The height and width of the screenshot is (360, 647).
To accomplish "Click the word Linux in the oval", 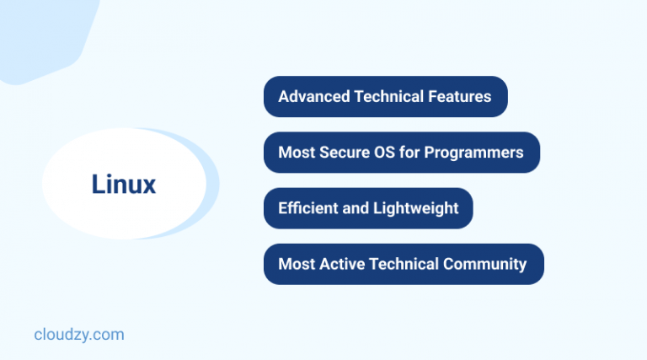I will click(124, 185).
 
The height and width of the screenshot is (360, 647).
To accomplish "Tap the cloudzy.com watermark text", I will click(79, 335).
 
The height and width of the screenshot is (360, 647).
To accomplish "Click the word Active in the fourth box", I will click(343, 264).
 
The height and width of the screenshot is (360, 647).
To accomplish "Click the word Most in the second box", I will click(297, 153).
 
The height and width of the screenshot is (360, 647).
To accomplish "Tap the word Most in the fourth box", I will click(297, 264).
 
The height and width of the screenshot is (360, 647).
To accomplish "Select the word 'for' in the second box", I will click(412, 153).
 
